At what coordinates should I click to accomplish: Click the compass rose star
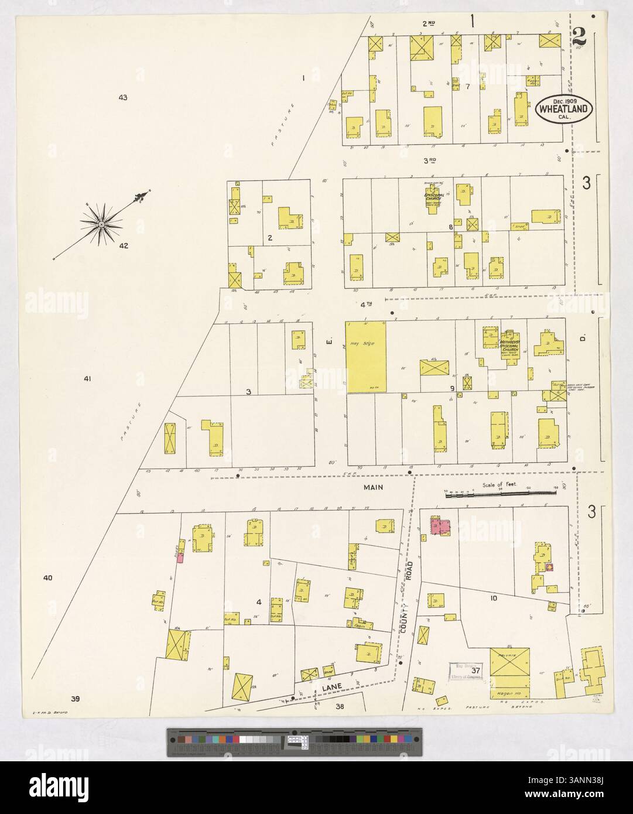coord(101,223)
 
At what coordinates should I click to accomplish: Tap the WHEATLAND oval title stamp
coord(564,108)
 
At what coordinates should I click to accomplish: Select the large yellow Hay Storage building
coord(367,356)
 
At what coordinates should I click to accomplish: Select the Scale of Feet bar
coord(500,494)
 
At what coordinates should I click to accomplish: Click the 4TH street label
coord(366,305)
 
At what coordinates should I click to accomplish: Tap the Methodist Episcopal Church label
coord(507,341)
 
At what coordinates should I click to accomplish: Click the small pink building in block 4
coord(180,558)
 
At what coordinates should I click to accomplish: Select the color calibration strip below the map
coord(316,741)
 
